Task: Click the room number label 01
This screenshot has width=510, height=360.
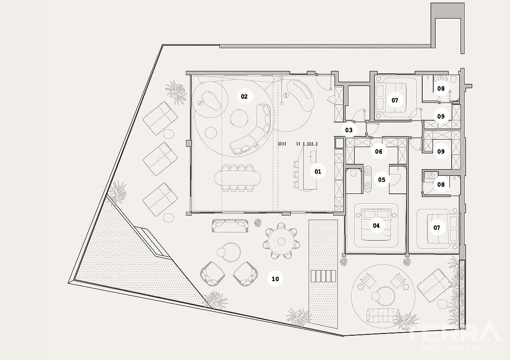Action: (318, 171)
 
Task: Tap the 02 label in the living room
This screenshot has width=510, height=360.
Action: (244, 96)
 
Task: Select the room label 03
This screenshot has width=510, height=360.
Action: (349, 130)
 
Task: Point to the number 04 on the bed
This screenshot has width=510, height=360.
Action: (376, 226)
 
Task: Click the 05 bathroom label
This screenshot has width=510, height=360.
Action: (382, 180)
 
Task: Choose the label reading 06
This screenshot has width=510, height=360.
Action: (378, 152)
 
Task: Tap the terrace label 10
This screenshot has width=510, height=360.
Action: (275, 279)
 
